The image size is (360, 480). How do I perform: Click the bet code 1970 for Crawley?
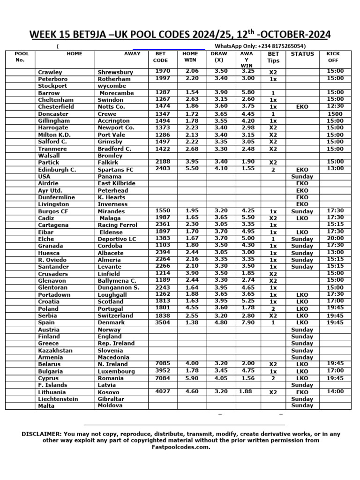pyautogui.click(x=162, y=71)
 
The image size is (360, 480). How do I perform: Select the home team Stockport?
pyautogui.click(x=52, y=86)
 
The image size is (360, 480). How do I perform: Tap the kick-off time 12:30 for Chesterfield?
pyautogui.click(x=335, y=106)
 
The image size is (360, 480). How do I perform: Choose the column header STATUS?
pyautogui.click(x=302, y=54)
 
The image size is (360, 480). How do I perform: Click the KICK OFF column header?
pyautogui.click(x=333, y=57)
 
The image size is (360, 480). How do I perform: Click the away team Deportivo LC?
pyautogui.click(x=117, y=239)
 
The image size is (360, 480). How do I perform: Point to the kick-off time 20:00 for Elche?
pyautogui.click(x=335, y=238)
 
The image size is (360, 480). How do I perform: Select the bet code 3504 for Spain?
pyautogui.click(x=162, y=322)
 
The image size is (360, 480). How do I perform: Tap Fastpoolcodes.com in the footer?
pyautogui.click(x=180, y=447)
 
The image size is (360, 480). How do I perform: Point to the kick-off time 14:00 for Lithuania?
pyautogui.click(x=335, y=391)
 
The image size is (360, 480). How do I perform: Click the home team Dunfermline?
pyautogui.click(x=57, y=197)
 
